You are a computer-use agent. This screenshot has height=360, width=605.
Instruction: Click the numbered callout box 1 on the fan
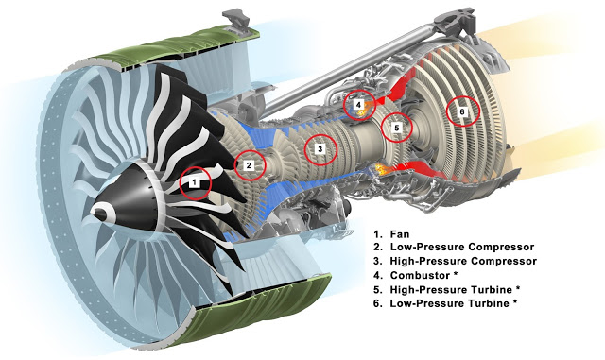pos(195,181)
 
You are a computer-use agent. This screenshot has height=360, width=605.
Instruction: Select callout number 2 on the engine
pos(249,165)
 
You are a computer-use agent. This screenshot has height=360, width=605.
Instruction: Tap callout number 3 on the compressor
pos(320,149)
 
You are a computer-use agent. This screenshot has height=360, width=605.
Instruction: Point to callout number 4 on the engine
pos(358,104)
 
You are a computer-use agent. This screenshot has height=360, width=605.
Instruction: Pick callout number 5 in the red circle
pos(396,127)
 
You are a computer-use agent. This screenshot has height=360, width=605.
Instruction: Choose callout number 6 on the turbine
pos(462,111)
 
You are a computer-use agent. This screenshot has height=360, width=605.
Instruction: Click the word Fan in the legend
pos(400,233)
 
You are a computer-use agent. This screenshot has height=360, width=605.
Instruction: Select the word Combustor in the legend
pos(420,275)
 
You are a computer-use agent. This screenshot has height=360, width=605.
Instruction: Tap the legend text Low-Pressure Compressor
pos(462,247)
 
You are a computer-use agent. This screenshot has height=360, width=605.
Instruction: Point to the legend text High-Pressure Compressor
pos(463,261)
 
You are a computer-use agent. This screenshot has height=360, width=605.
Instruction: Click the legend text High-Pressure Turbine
pos(451,289)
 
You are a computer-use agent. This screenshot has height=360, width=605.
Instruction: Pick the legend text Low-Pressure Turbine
pos(450,303)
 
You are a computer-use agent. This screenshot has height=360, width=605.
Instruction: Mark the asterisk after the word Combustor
pos(456,274)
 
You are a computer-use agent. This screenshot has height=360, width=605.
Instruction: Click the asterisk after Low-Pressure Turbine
pos(514,302)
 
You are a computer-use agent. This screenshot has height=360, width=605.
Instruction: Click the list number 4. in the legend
pos(378,275)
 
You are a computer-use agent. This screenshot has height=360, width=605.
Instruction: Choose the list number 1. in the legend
pos(377,233)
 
